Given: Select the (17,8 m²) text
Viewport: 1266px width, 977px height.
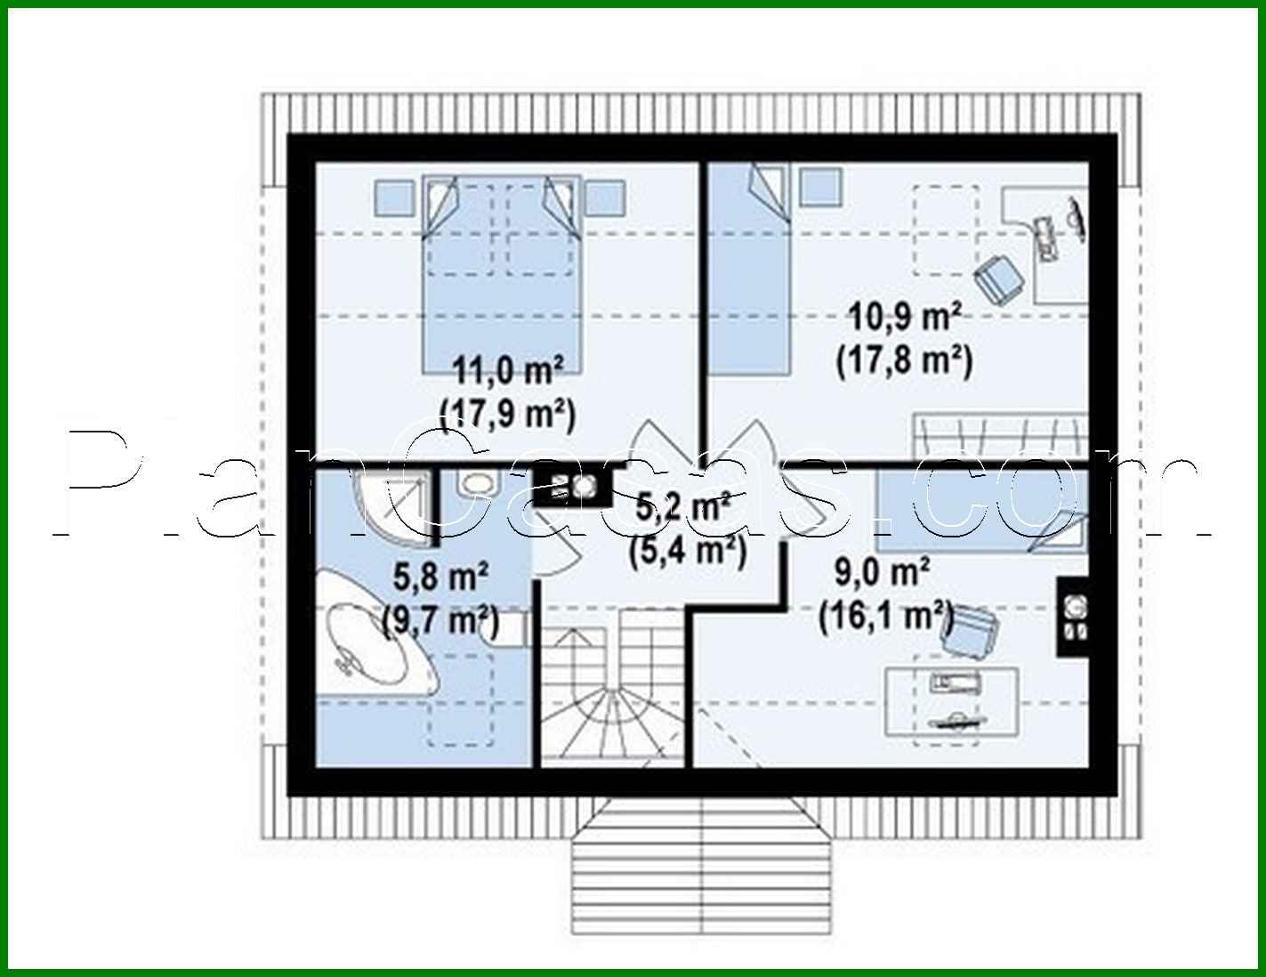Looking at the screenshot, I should point(904,361).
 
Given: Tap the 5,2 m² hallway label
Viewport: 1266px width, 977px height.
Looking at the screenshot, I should point(685,509).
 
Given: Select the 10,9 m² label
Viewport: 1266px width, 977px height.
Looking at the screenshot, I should point(904,316).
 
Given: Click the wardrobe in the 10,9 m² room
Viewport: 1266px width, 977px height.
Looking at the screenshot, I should point(1000,436).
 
